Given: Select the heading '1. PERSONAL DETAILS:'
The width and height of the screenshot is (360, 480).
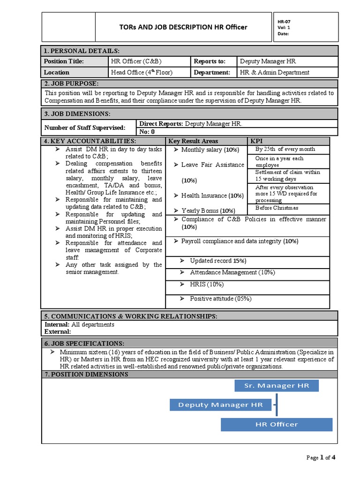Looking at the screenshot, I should [82, 51].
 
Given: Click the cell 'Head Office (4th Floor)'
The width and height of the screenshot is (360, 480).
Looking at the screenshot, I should [142, 73].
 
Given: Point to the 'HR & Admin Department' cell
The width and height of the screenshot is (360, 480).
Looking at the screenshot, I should [275, 73].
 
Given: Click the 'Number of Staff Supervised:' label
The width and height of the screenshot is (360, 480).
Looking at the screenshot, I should [84, 127].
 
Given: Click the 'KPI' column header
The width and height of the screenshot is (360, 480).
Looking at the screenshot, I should [256, 141].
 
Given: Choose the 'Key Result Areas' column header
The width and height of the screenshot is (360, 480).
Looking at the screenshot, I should [193, 141].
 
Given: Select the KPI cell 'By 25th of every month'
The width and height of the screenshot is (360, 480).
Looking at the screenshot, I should [285, 150].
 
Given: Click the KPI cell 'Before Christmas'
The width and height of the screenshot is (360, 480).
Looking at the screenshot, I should [277, 208].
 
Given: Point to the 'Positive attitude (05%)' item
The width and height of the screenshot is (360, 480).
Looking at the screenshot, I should [220, 299].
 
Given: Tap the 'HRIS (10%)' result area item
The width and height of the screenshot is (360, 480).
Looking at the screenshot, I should [207, 285].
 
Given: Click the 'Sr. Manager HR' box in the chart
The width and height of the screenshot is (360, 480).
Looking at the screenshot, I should [277, 386].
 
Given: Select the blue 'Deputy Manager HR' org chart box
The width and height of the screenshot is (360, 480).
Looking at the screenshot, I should [220, 405].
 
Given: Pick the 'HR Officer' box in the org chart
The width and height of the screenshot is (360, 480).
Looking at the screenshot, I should [277, 424].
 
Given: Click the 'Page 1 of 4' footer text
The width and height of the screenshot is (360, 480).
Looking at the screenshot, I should [321, 458].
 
